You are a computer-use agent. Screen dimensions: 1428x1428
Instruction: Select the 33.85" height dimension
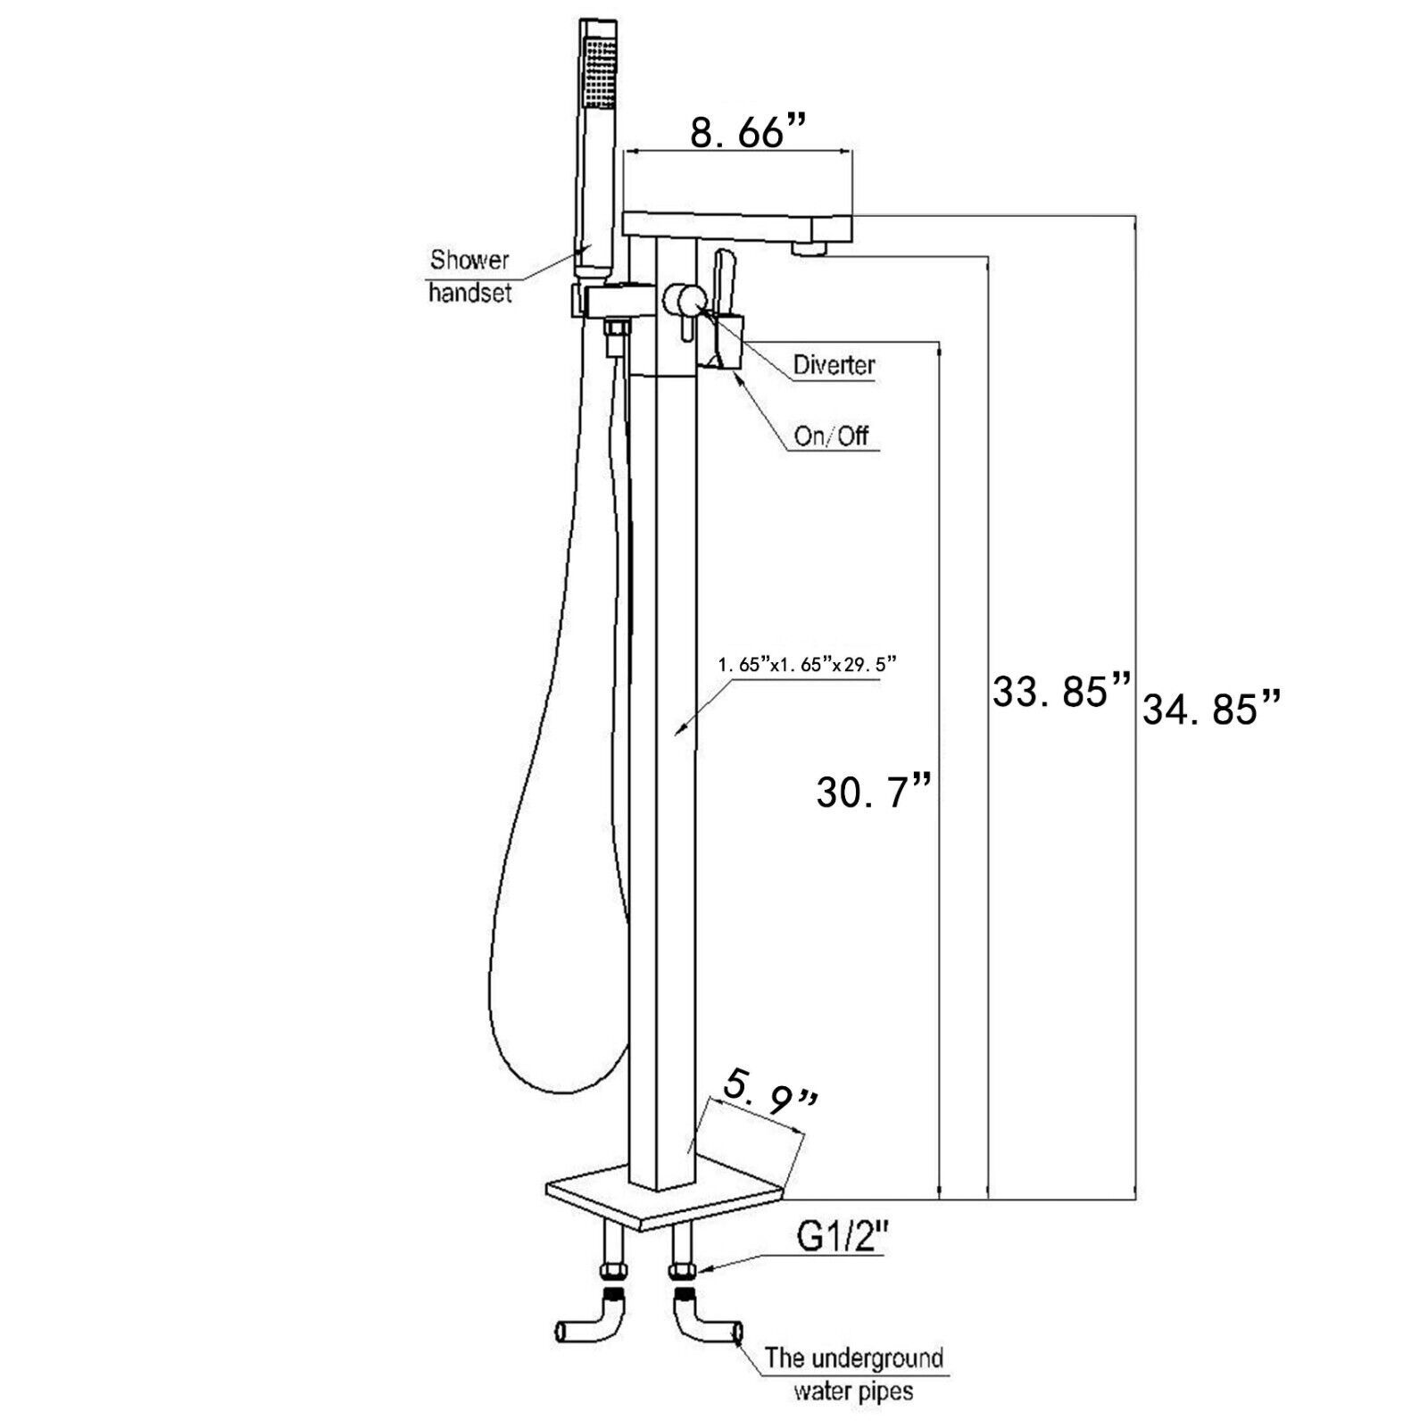tap(1061, 692)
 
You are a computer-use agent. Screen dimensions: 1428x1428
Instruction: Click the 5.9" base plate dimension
tap(770, 1112)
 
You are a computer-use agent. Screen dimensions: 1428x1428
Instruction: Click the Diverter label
tap(834, 365)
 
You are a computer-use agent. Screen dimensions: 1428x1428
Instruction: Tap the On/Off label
tap(831, 436)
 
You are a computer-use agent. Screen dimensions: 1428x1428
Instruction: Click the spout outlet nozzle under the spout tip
tap(813, 244)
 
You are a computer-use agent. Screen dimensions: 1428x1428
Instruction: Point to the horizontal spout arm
tap(740, 223)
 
